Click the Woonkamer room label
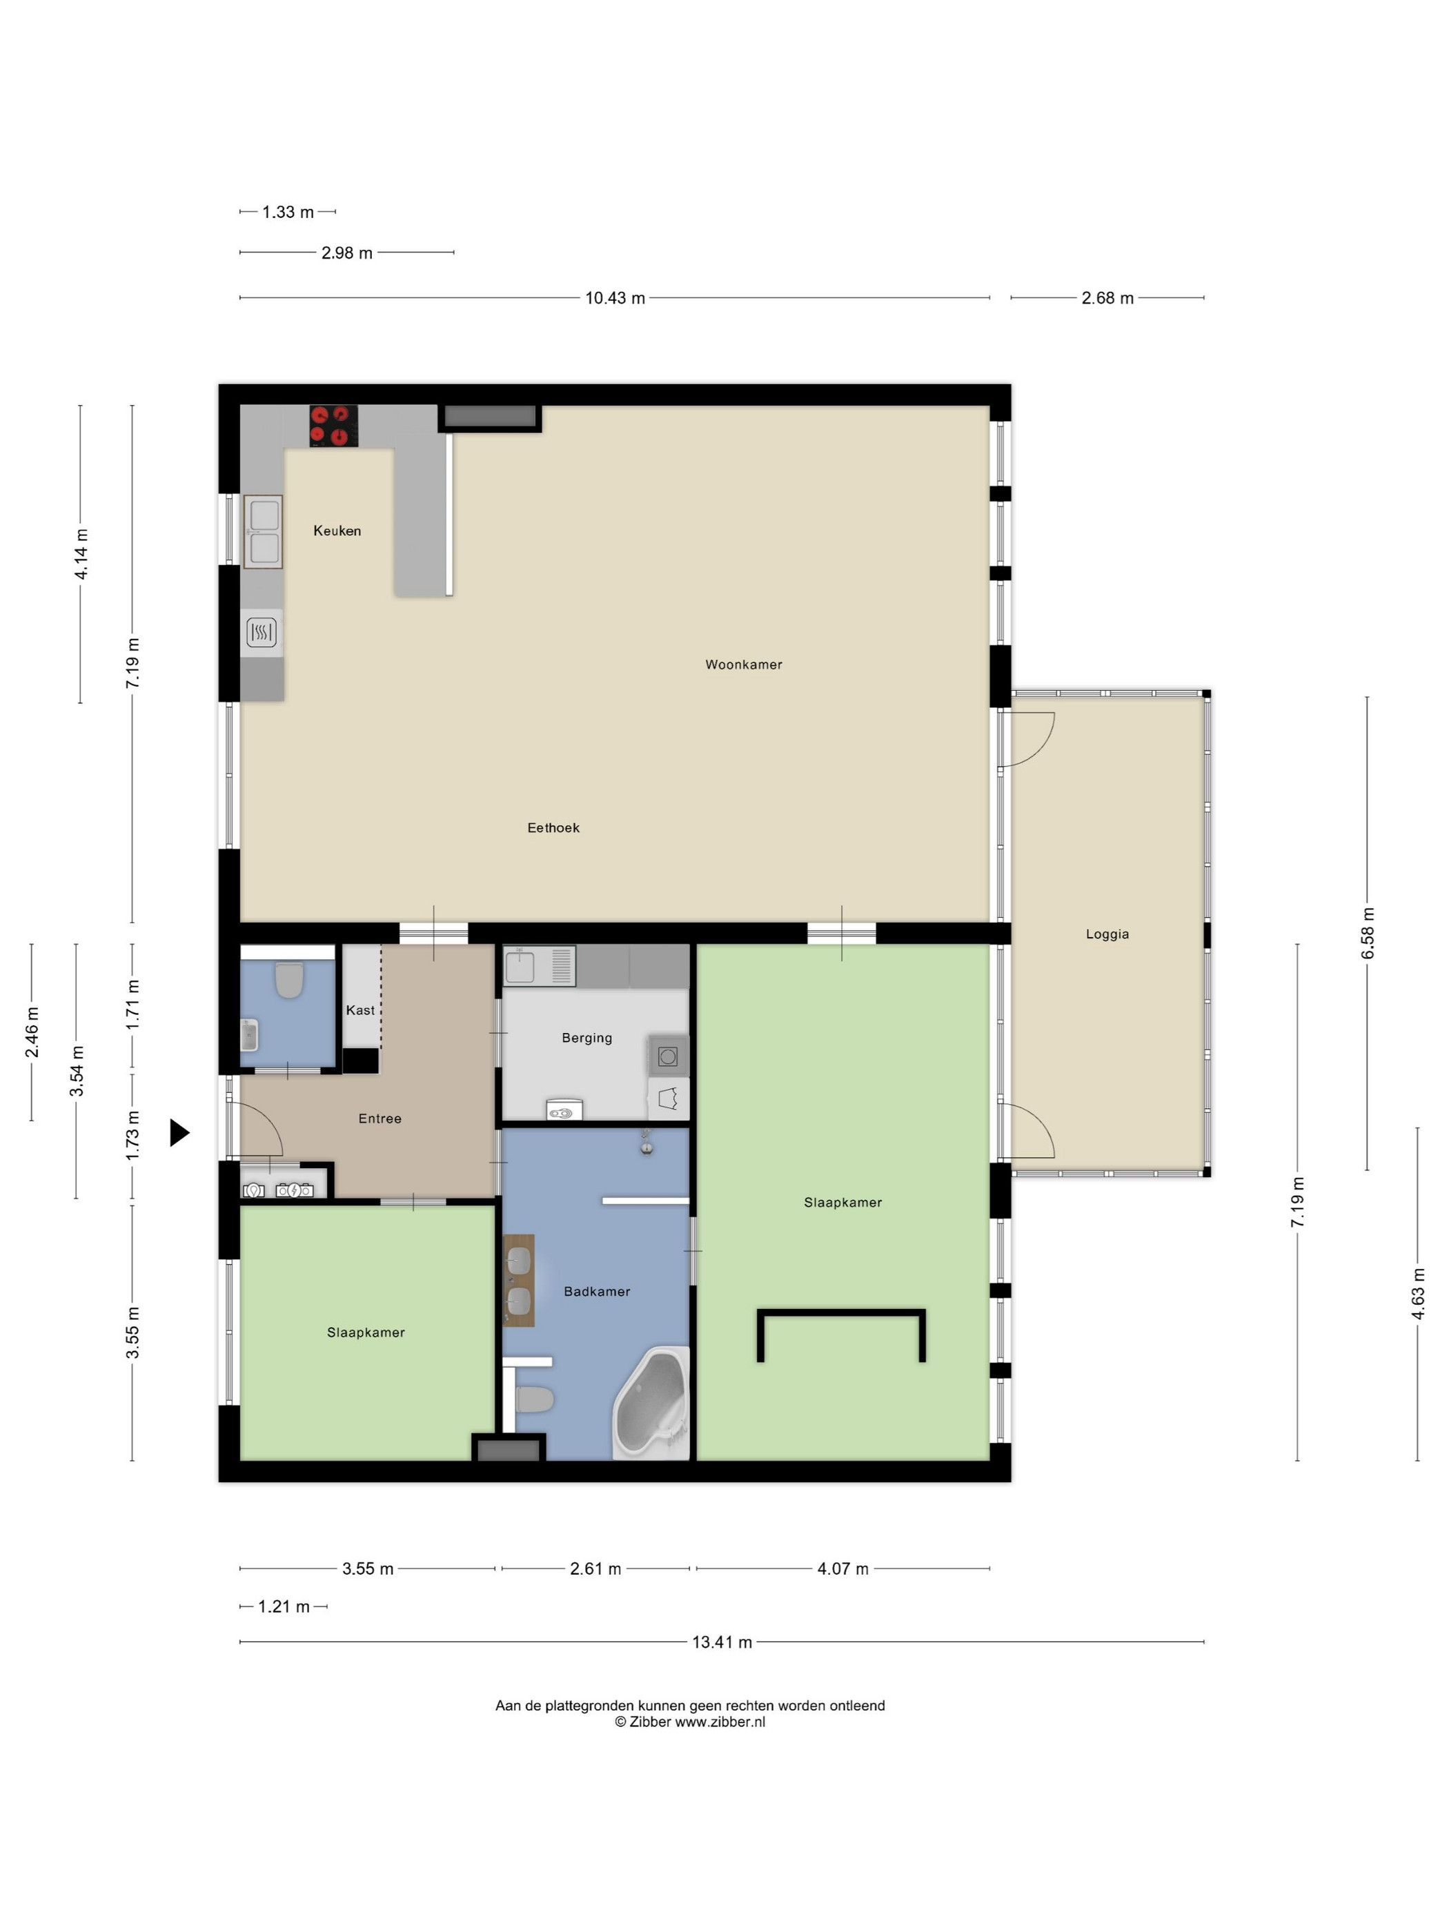743,664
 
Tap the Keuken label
337,531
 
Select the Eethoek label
553,828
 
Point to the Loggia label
1107,934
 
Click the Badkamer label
597,1292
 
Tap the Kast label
360,1011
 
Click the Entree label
380,1119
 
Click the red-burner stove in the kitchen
334,426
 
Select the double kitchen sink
263,532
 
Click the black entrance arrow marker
179,1133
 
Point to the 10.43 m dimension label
615,298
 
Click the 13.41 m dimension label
722,1642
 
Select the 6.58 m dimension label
1368,934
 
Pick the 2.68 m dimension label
1107,298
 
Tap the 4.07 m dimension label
843,1568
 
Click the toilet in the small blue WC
289,980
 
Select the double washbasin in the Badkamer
519,1281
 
